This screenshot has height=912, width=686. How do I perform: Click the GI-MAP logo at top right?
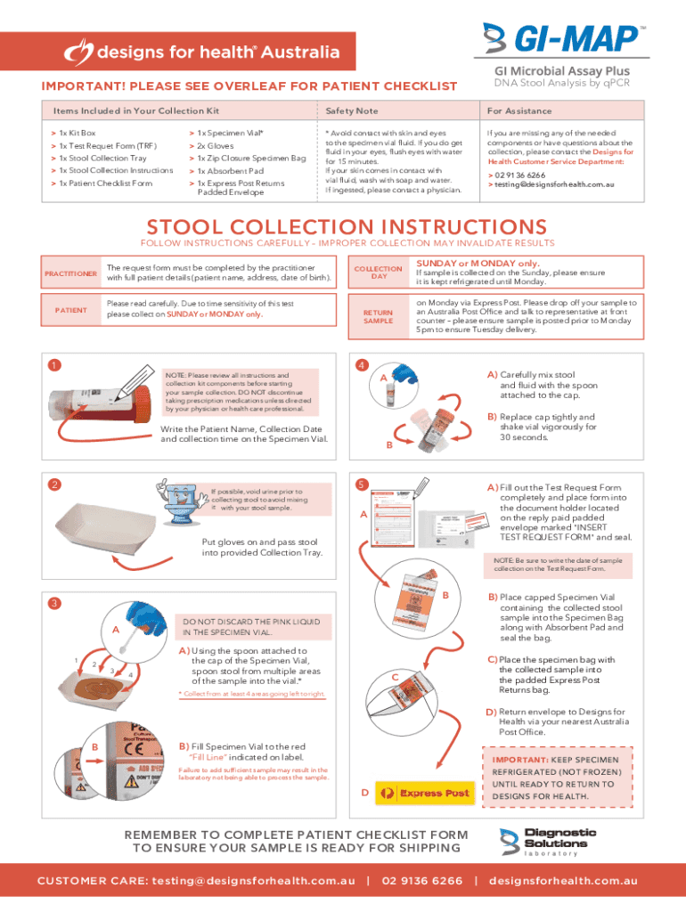562,40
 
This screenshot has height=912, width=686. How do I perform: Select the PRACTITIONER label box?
72,273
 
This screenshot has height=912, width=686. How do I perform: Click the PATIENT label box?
72,310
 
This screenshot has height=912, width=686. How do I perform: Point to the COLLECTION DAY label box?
379,273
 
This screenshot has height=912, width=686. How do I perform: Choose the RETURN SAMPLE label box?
379,316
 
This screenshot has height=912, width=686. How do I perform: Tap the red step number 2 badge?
53,484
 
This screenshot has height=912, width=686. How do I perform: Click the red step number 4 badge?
361,365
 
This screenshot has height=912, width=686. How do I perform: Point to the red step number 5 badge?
361,484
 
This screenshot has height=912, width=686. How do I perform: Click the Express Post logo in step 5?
423,793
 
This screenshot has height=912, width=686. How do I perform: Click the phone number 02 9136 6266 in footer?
422,881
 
